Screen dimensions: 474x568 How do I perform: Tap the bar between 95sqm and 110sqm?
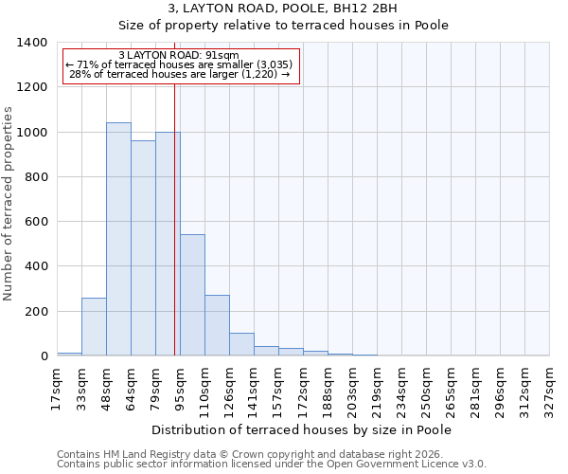pos(192,295)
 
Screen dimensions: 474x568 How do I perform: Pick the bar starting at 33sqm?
pos(94,327)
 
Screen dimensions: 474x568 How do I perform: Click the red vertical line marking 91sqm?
pos(174,218)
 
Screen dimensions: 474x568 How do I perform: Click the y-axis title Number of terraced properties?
pos(10,204)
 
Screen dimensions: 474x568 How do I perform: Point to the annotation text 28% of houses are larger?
pos(180,74)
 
